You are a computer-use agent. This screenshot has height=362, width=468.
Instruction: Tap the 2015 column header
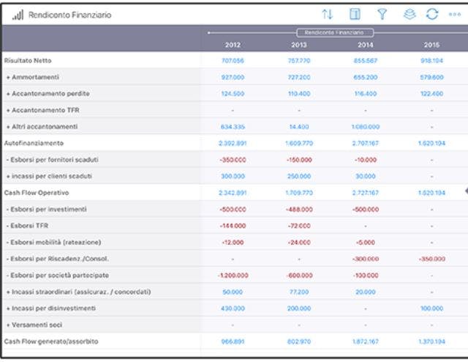(432, 45)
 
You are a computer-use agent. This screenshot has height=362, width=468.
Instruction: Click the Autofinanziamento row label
(34, 143)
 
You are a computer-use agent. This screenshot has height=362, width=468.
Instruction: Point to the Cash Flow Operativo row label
(35, 192)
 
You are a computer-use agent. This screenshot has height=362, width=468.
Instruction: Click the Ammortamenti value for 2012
(232, 77)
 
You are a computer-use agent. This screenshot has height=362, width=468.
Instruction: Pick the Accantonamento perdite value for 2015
(432, 94)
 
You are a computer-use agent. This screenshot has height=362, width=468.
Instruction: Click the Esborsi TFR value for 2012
(232, 226)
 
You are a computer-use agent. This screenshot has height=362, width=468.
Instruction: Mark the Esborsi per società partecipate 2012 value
(232, 276)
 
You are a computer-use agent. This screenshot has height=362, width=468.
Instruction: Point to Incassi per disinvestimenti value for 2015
(432, 309)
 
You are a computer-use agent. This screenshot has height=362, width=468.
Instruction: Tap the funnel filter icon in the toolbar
(382, 15)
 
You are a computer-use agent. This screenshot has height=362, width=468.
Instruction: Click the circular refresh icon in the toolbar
(432, 15)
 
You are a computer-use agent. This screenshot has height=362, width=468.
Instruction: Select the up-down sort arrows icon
(327, 15)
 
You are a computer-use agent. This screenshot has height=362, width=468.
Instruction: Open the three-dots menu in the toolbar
(454, 15)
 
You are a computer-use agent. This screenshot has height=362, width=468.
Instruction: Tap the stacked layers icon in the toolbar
(409, 15)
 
